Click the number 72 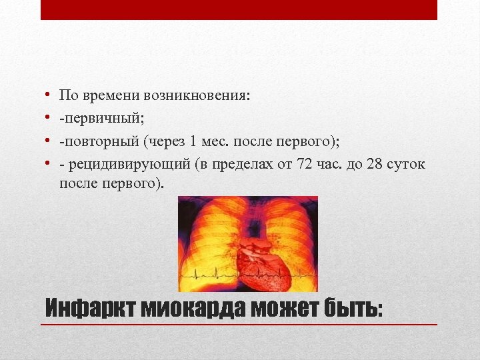pyautogui.click(x=304, y=164)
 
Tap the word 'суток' pyautogui.click(x=406, y=164)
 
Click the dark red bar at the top pyautogui.click(x=239, y=9)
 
